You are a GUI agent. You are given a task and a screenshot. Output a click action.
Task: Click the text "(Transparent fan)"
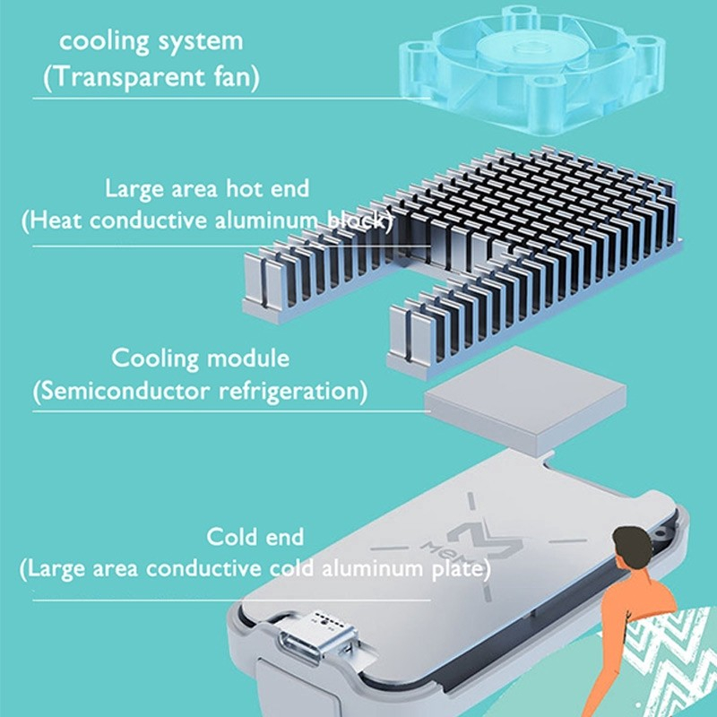[x=152, y=78]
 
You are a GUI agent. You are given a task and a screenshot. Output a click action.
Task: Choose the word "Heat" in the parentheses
[x=58, y=220]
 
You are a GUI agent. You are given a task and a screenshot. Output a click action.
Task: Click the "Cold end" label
[x=255, y=538]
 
